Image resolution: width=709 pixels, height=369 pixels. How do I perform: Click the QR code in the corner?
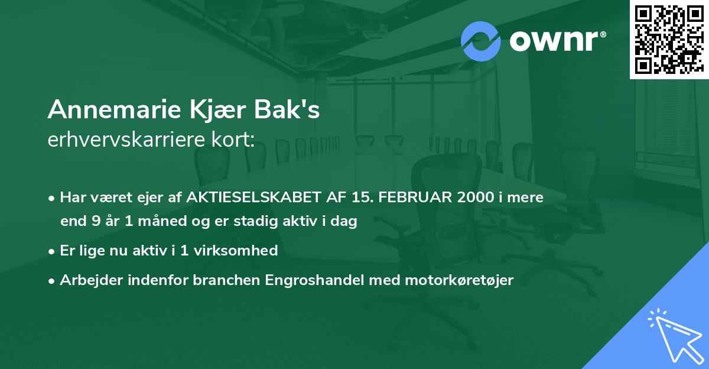pyautogui.click(x=669, y=39)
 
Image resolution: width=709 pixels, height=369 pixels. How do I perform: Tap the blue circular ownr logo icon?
pyautogui.click(x=481, y=41)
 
